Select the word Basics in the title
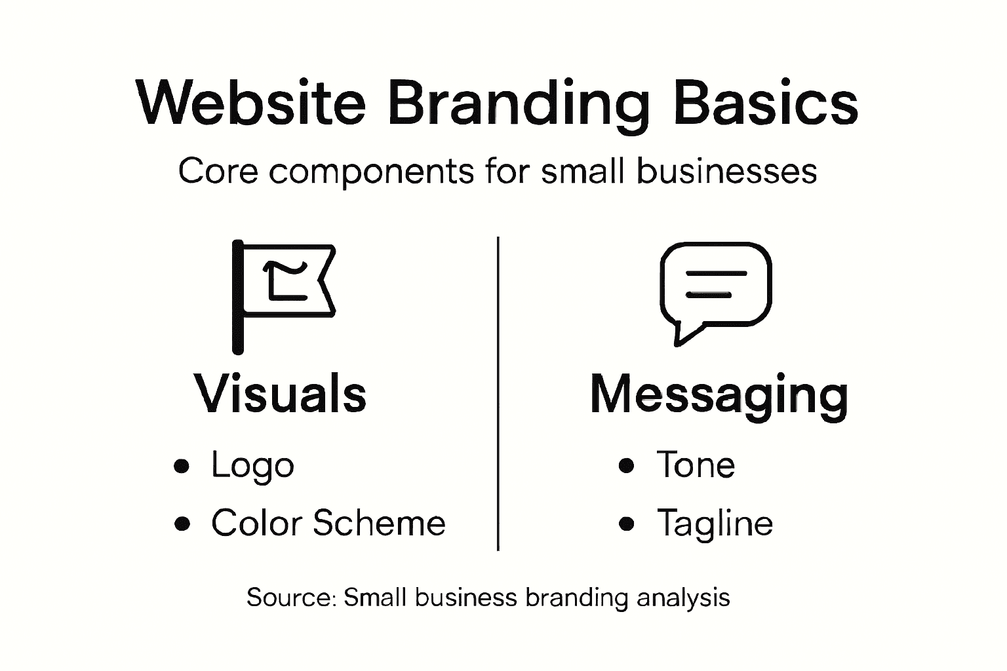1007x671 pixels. (765, 103)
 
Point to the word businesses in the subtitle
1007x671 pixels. (726, 172)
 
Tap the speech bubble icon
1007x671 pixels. (715, 291)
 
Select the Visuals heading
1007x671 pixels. (280, 394)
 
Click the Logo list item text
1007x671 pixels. (252, 466)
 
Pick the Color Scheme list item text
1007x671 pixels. (328, 523)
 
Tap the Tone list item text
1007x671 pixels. (696, 465)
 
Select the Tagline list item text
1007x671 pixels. (715, 524)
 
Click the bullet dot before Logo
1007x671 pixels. (182, 466)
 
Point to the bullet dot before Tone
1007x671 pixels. (627, 465)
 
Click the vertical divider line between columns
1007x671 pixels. (498, 393)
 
